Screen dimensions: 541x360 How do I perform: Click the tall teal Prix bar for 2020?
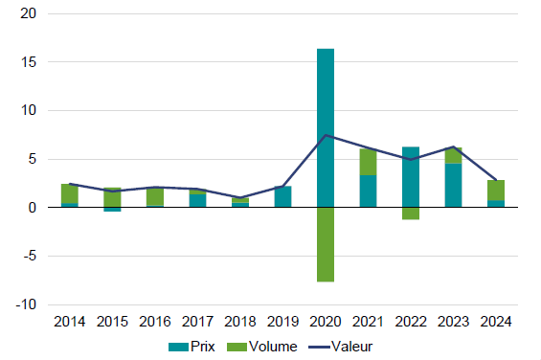tap(326, 127)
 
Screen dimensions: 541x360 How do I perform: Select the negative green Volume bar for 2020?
tap(326, 245)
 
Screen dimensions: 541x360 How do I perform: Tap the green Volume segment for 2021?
tap(368, 162)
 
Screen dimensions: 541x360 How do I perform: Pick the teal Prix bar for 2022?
tap(411, 177)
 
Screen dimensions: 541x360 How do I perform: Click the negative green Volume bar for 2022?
tap(411, 214)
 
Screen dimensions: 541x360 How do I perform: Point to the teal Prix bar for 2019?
tap(282, 196)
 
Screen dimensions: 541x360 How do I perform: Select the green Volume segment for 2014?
tap(70, 193)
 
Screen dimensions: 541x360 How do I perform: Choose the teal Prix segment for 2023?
tap(453, 186)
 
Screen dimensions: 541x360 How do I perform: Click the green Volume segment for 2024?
tap(496, 191)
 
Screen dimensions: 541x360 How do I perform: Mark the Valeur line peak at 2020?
tap(326, 135)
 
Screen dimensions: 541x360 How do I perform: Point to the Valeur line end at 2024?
tap(496, 180)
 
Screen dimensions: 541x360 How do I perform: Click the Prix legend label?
tap(203, 347)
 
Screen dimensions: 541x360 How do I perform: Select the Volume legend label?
tap(273, 347)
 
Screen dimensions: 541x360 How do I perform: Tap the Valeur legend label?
tap(352, 347)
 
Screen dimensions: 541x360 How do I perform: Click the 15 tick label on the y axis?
tap(29, 62)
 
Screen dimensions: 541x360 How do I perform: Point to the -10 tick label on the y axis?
tap(26, 304)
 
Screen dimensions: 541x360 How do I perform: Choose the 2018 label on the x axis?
tap(240, 322)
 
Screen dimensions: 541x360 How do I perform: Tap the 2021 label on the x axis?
tap(368, 322)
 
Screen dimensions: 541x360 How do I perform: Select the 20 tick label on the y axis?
tap(29, 13)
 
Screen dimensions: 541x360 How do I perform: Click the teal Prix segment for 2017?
tap(197, 200)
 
